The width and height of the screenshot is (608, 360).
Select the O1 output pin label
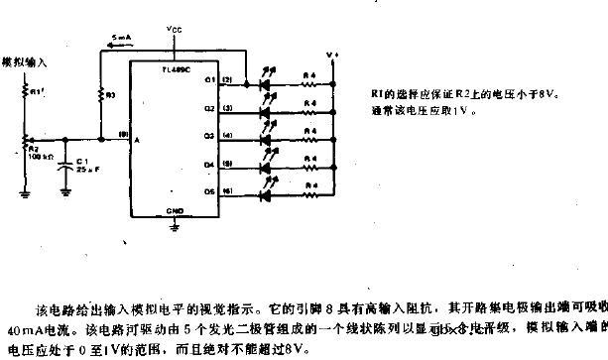209,80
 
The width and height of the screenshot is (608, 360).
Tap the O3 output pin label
209,135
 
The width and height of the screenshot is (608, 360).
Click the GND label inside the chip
176,211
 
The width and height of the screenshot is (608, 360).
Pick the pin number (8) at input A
123,133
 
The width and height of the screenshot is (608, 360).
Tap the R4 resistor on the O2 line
309,108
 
